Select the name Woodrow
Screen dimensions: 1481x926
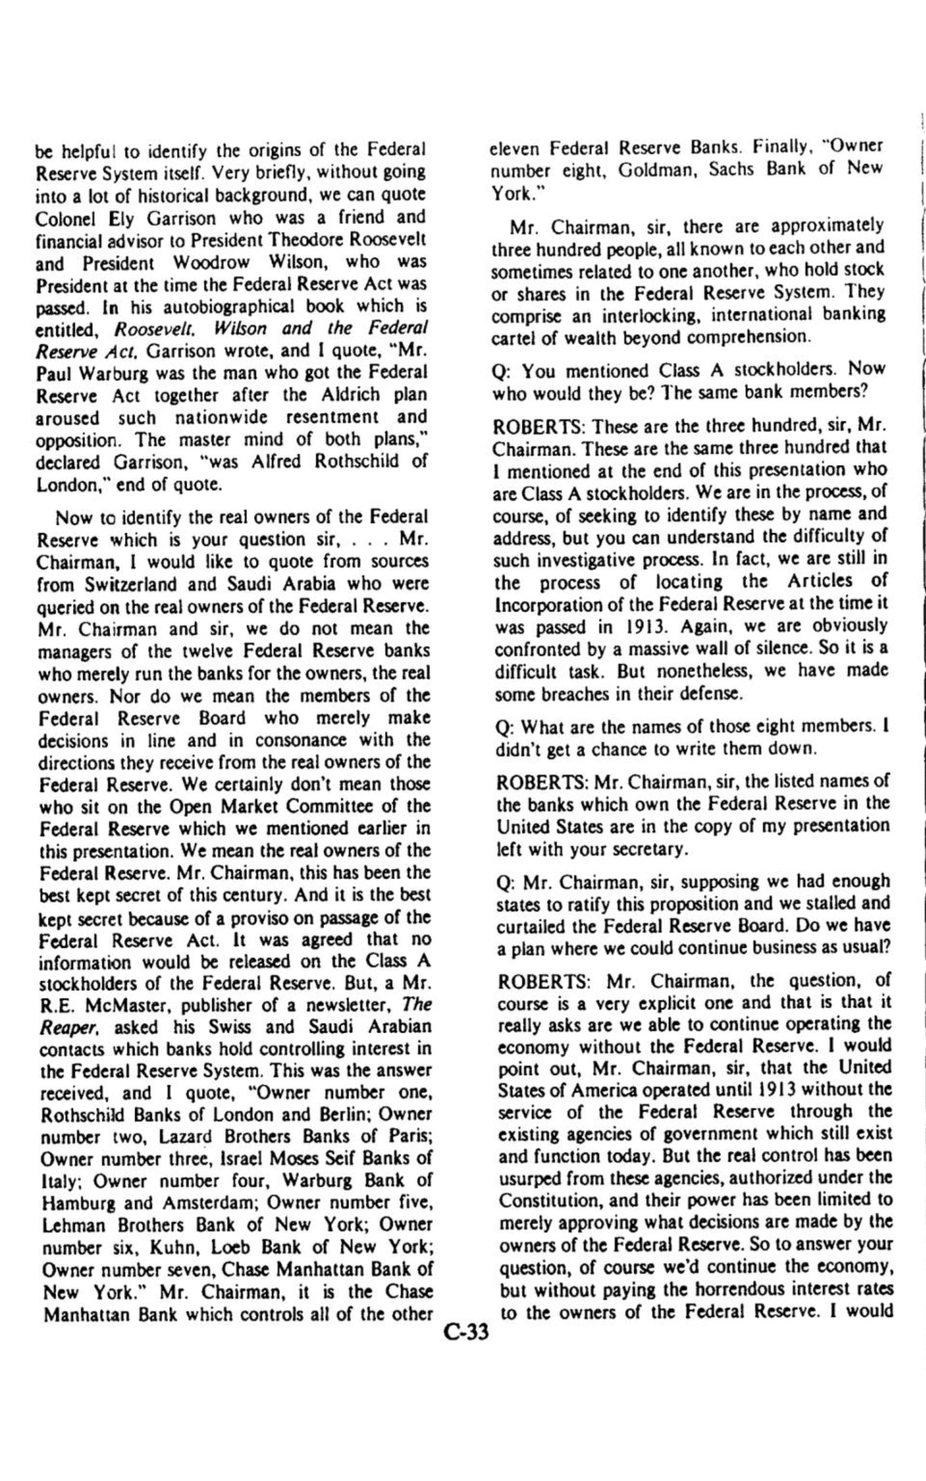click(x=211, y=261)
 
